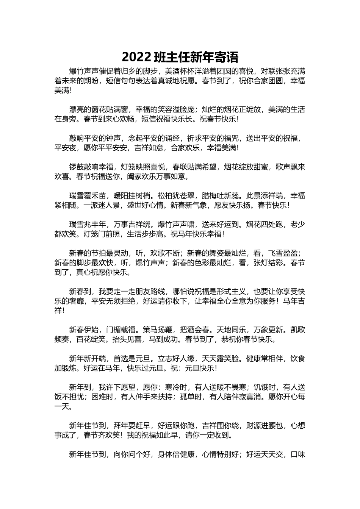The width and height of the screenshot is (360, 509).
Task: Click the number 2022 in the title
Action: [137, 57]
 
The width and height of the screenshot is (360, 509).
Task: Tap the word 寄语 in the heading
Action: [227, 57]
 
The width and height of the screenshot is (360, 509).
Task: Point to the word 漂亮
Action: [76, 109]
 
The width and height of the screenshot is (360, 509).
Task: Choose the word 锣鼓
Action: [76, 167]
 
